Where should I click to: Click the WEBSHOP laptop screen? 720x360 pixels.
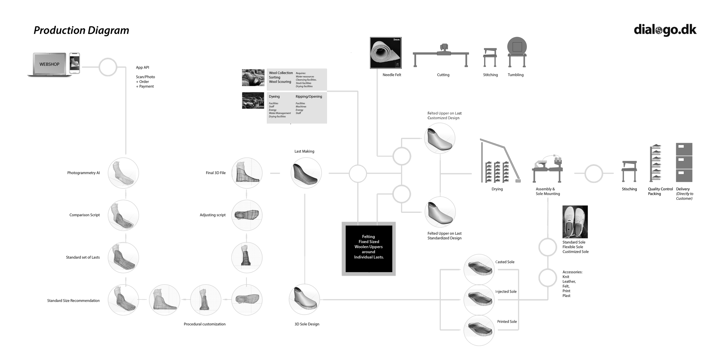pyautogui.click(x=49, y=64)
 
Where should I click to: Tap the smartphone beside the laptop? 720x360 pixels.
pyautogui.click(x=75, y=63)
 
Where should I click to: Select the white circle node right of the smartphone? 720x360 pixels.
pyautogui.click(x=108, y=67)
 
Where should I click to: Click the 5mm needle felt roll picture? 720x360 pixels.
pyautogui.click(x=385, y=53)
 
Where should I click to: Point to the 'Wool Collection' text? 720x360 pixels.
pyautogui.click(x=281, y=73)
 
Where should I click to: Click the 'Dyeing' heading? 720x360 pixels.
pyautogui.click(x=274, y=96)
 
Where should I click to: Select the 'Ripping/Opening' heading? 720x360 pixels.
pyautogui.click(x=309, y=96)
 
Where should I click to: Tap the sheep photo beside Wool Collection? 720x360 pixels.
pyautogui.click(x=253, y=77)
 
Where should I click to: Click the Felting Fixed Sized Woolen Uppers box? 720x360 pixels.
pyautogui.click(x=369, y=248)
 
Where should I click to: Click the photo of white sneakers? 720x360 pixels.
pyautogui.click(x=575, y=222)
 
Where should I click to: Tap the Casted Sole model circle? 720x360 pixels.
pyautogui.click(x=479, y=269)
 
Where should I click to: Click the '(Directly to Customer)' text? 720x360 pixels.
pyautogui.click(x=684, y=196)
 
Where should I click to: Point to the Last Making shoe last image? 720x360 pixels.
pyautogui.click(x=306, y=173)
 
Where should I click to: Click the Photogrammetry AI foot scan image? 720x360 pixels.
pyautogui.click(x=123, y=173)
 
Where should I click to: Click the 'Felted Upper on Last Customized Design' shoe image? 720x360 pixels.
pyautogui.click(x=439, y=139)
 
